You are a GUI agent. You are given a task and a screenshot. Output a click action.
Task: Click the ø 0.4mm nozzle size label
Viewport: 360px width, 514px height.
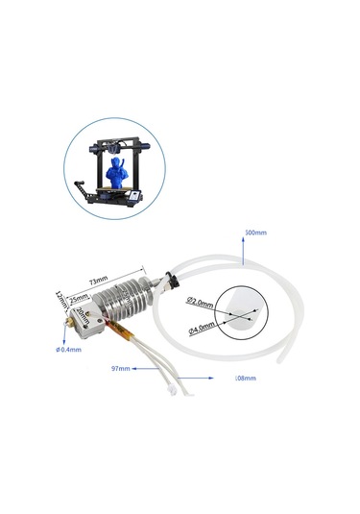click(69, 349)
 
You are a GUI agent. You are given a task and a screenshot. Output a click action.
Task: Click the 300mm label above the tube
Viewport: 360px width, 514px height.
click(255, 233)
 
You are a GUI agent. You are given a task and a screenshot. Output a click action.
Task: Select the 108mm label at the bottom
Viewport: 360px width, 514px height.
click(246, 379)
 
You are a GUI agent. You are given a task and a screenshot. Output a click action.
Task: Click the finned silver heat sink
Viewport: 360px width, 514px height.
click(129, 306)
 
